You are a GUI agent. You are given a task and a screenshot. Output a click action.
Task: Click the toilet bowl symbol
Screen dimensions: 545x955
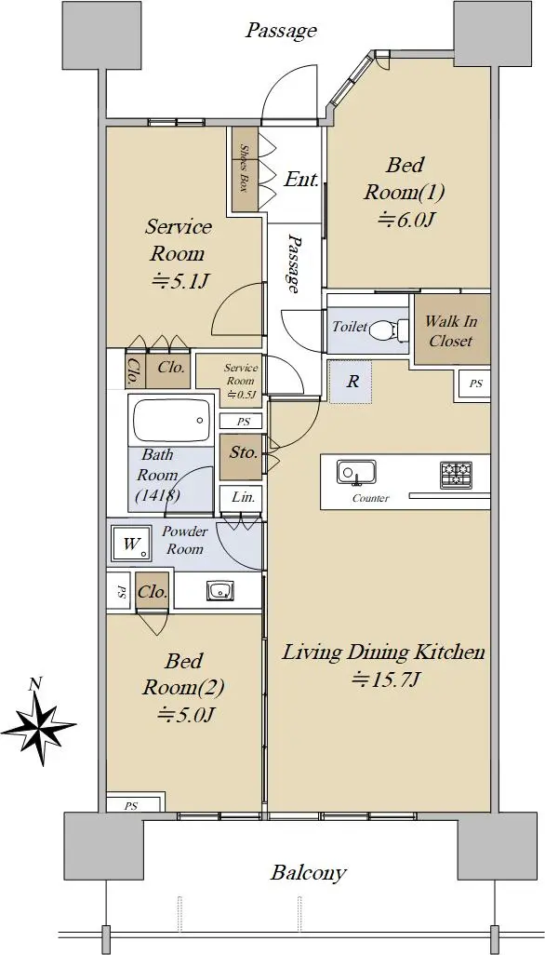[384, 330]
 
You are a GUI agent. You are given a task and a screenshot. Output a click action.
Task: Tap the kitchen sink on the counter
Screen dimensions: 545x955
[356, 472]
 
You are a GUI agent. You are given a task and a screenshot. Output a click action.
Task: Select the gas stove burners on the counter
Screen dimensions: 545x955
[457, 474]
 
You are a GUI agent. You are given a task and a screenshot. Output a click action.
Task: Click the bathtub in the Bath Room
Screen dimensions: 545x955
[171, 421]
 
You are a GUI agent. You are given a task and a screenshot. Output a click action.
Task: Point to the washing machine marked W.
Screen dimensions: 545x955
[131, 543]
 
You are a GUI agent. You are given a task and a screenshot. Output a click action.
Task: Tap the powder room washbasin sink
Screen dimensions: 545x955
[219, 590]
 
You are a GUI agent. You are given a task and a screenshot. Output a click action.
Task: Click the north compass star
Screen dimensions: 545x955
[38, 723]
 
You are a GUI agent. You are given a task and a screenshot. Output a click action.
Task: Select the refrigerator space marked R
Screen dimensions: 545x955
[351, 382]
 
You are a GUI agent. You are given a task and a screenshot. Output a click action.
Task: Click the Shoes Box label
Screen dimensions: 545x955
[245, 168]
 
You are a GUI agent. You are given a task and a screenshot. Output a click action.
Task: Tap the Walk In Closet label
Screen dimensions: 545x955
[451, 330]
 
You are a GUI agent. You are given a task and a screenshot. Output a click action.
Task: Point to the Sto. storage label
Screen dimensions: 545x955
[244, 452]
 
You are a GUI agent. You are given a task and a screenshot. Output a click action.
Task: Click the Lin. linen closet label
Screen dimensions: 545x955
[243, 497]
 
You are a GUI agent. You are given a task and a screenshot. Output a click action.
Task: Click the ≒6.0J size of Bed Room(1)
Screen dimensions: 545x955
[404, 219]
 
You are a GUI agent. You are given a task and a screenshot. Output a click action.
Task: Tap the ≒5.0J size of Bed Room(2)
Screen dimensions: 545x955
[184, 714]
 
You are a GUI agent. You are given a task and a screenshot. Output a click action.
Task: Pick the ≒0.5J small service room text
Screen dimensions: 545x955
[242, 394]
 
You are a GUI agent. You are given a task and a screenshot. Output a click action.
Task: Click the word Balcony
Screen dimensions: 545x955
[309, 873]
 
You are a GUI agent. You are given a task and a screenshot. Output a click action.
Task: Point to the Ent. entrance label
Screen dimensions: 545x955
[301, 180]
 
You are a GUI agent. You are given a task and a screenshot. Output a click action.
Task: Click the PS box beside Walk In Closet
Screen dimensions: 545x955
[474, 384]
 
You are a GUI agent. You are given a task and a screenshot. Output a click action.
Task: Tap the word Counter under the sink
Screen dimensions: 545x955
[370, 498]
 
